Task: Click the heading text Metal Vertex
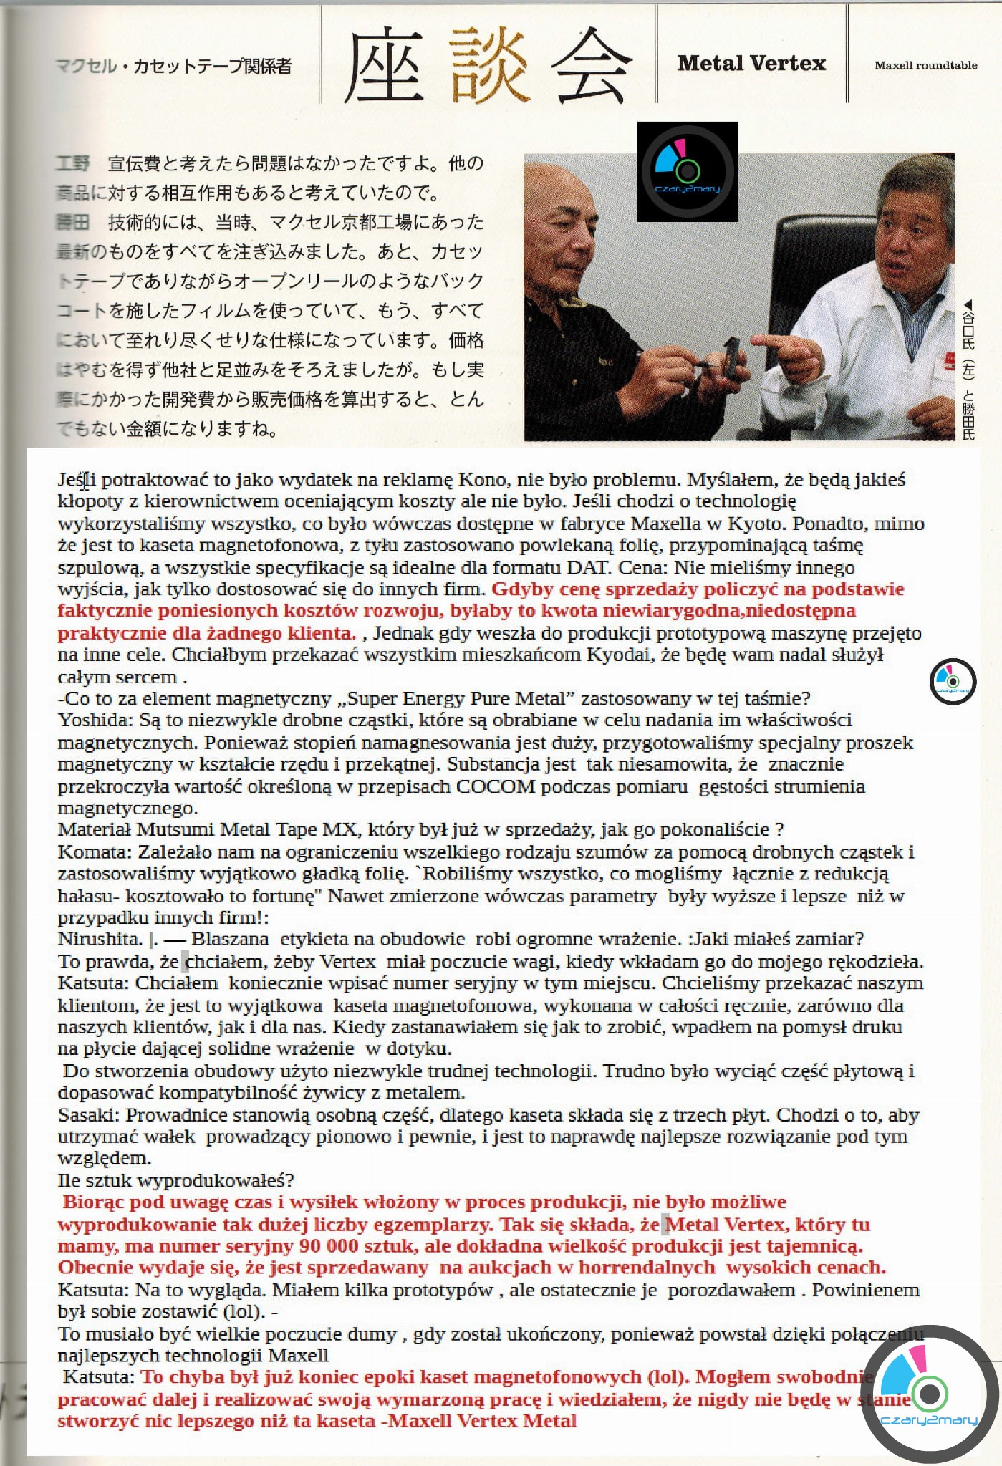pos(751,64)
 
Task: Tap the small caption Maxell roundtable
pos(925,65)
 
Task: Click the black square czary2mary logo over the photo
pos(688,171)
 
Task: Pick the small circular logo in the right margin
pos(953,680)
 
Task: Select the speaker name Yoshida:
pos(87,720)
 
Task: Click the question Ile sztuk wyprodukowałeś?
pos(175,1180)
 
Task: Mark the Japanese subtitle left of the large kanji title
pos(174,67)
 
